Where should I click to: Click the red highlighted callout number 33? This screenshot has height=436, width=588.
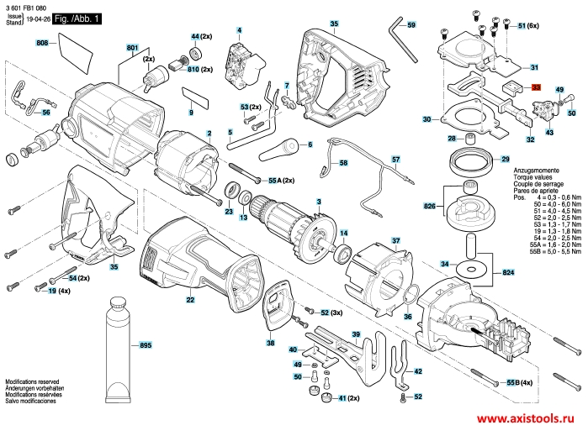(537, 87)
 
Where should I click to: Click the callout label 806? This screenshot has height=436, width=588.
(41, 42)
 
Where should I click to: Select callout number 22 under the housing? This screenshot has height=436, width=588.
(190, 300)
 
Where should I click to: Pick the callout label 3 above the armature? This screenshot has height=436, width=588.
(318, 201)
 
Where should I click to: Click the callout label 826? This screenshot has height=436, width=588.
(430, 206)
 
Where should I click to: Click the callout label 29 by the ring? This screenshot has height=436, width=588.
(505, 159)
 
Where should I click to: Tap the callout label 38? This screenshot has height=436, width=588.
(270, 344)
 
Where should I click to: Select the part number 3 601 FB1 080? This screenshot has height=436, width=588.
(26, 7)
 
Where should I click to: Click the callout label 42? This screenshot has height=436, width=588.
(417, 370)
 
